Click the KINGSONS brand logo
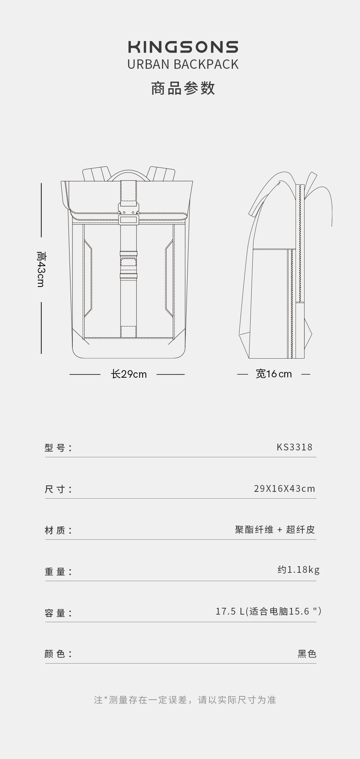183,47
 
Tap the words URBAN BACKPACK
183,64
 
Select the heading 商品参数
183,88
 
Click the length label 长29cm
129,374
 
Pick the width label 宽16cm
274,374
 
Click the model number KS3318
294,447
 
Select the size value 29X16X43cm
284,489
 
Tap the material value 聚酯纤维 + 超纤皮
275,530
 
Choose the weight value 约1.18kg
298,570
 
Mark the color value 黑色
307,654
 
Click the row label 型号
58,448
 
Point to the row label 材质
58,530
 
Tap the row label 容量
58,613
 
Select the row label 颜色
58,654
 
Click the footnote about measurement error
185,700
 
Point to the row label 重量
58,571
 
